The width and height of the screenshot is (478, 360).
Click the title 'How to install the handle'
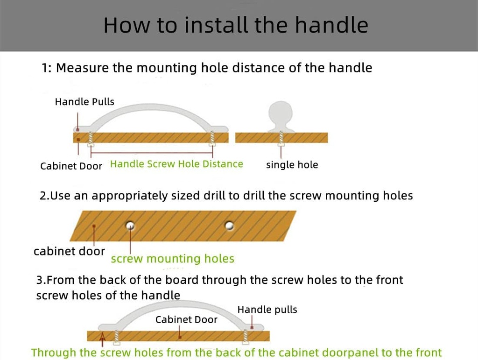click(x=236, y=25)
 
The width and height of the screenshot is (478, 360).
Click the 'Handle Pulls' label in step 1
click(x=84, y=101)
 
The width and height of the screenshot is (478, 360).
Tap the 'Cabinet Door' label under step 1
click(x=71, y=166)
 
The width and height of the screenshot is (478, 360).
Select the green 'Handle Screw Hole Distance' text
click(x=176, y=164)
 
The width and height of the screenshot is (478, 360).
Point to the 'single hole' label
click(x=292, y=165)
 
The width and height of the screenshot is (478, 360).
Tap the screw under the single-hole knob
click(x=281, y=139)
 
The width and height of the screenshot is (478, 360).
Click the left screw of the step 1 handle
click(x=90, y=139)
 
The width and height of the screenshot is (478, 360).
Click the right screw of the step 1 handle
click(x=212, y=139)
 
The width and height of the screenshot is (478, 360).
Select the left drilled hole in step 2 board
click(x=130, y=226)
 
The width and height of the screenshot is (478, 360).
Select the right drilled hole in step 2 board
click(x=229, y=226)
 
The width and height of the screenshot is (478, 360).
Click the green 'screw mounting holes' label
click(x=173, y=259)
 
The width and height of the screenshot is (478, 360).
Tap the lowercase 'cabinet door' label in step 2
click(x=69, y=252)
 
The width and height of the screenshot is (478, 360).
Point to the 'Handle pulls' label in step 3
click(x=267, y=310)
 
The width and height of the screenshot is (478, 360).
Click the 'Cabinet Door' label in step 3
click(x=186, y=320)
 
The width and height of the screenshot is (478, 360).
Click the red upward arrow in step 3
click(x=102, y=339)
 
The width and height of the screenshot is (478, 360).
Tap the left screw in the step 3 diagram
click(x=116, y=338)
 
